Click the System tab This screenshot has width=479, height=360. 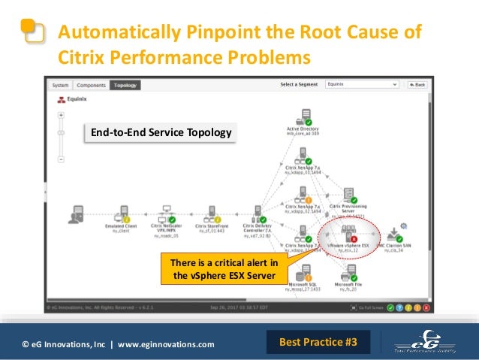[61, 85]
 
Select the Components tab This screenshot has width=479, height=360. [90, 85]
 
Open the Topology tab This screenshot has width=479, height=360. [125, 85]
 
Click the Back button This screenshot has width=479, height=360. [417, 85]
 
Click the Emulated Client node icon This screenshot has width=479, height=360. [120, 214]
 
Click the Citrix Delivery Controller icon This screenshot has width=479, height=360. [257, 213]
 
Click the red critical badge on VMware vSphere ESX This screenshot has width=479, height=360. [354, 239]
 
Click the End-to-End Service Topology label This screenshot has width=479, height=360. [160, 133]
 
